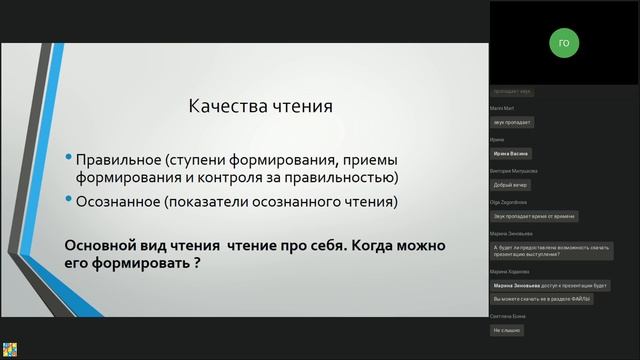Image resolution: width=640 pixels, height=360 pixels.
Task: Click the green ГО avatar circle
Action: pyautogui.click(x=564, y=43)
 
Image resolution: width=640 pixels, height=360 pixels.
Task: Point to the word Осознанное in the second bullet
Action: pyautogui.click(x=116, y=201)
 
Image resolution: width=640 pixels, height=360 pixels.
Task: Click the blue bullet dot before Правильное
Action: pyautogui.click(x=68, y=159)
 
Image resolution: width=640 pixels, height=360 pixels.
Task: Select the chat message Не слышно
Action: pyautogui.click(x=507, y=330)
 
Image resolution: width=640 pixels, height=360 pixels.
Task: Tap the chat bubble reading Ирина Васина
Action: pyautogui.click(x=513, y=154)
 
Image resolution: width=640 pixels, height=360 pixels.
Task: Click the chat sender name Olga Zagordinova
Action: pyautogui.click(x=512, y=201)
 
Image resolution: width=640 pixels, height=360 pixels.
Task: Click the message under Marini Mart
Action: pyautogui.click(x=513, y=122)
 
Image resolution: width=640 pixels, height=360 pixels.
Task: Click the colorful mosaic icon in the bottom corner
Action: pyautogui.click(x=9, y=349)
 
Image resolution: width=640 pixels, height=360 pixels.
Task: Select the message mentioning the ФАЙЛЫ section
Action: pyautogui.click(x=543, y=299)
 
